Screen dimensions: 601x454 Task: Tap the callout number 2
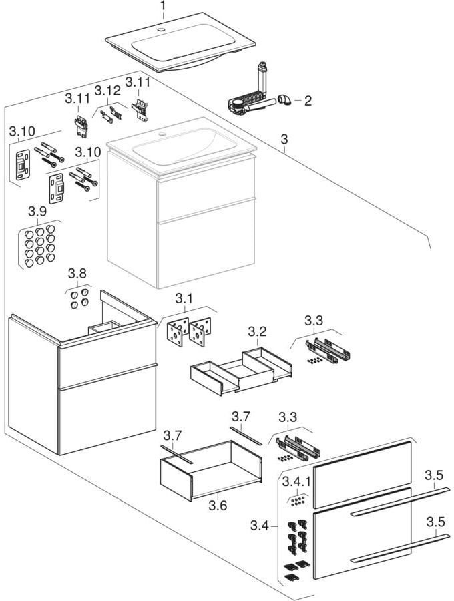point(307,102)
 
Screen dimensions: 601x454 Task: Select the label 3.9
point(37,211)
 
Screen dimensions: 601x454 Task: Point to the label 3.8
point(77,274)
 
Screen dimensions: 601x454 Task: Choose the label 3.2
point(258,332)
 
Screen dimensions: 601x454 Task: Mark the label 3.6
point(218,506)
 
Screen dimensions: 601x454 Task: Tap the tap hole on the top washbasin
point(162,31)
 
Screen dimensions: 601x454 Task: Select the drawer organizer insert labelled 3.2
point(241,369)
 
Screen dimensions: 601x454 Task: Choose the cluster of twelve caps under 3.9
point(39,244)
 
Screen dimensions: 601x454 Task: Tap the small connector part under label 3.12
point(111,114)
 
